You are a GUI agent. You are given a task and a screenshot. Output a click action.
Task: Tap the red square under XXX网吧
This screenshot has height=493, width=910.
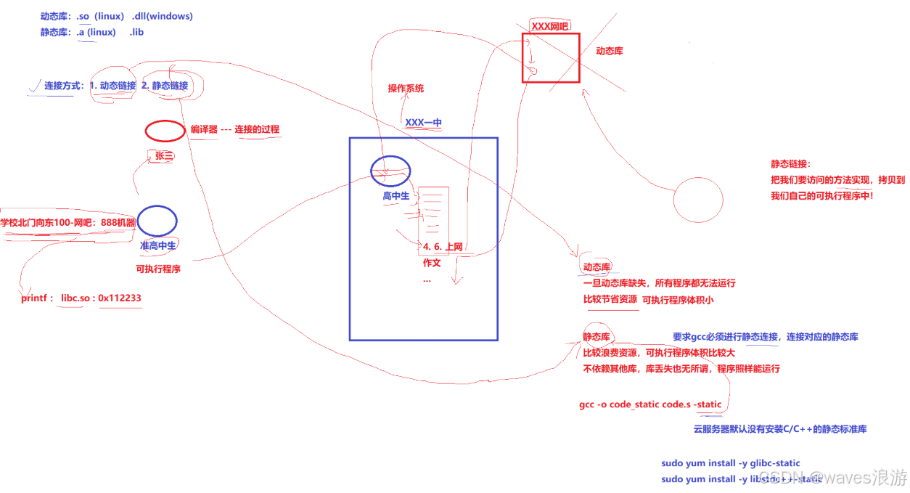(x=551, y=58)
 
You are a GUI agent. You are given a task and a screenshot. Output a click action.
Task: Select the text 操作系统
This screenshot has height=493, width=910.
(x=406, y=89)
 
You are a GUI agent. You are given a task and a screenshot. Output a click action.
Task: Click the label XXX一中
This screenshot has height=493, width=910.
(x=423, y=123)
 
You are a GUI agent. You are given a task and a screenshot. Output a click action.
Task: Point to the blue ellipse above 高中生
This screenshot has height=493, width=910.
(x=390, y=171)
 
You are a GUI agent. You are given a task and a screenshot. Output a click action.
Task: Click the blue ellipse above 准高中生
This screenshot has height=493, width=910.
(x=157, y=221)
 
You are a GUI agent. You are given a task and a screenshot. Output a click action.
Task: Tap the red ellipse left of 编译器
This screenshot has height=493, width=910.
(x=165, y=131)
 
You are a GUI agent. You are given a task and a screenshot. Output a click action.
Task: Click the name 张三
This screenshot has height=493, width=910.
(x=163, y=155)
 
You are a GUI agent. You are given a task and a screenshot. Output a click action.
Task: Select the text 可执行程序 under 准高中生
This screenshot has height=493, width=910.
(x=158, y=269)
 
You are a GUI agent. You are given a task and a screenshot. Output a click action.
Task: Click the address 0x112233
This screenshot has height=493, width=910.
(x=120, y=298)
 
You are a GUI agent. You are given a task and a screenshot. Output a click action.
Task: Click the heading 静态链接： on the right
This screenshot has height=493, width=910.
(x=791, y=164)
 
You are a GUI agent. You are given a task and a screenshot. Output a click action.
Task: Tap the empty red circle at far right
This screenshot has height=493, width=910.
(x=698, y=200)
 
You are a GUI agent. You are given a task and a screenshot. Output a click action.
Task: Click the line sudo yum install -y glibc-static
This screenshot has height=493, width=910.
(x=731, y=463)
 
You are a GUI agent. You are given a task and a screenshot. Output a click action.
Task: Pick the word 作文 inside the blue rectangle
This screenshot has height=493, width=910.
(x=432, y=263)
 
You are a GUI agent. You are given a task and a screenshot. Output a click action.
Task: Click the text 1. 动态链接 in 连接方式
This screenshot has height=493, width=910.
(x=113, y=86)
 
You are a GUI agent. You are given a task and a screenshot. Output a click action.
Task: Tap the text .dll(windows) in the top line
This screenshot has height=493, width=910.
(x=163, y=16)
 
